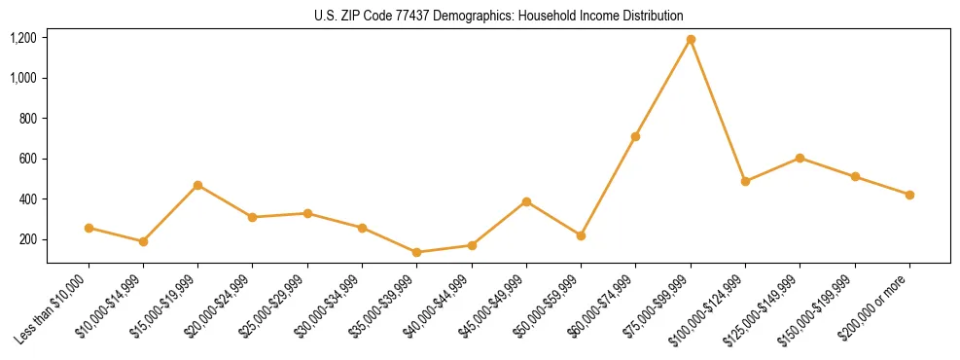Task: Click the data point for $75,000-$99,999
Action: click(691, 40)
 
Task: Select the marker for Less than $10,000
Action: click(89, 228)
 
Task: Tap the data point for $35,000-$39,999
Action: click(417, 252)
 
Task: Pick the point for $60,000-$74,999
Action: click(635, 136)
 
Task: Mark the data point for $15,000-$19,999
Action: click(198, 185)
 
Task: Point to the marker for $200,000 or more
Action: click(909, 195)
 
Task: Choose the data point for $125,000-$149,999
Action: click(800, 158)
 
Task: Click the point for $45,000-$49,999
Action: click(526, 201)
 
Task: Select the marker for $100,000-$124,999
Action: click(745, 181)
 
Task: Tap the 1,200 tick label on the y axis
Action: click(23, 38)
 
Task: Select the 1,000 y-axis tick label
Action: click(23, 78)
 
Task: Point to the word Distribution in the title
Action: click(654, 16)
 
